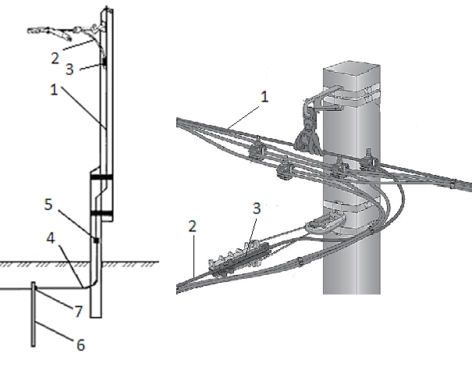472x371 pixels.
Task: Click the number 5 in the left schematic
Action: pos(48,205)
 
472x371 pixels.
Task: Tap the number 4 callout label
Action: pos(51,237)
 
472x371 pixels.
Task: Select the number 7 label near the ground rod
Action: pos(79,312)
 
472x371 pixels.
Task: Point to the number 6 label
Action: pos(80,344)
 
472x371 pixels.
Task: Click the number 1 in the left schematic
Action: pos(54,90)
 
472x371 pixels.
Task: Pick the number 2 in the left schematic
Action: pos(55,58)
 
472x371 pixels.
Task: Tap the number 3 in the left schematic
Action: pos(69,69)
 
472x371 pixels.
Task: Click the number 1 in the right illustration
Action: pos(264,97)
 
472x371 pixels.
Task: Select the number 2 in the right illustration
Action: pos(193,226)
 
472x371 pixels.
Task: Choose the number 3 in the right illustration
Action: pos(256,209)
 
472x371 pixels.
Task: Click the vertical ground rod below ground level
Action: pos(33,314)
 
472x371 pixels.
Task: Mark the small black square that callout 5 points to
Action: pos(96,241)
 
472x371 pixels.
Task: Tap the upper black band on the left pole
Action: pos(101,177)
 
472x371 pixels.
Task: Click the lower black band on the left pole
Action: pos(101,213)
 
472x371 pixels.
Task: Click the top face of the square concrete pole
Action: pos(352,67)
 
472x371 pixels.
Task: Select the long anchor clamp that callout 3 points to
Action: pos(240,257)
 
